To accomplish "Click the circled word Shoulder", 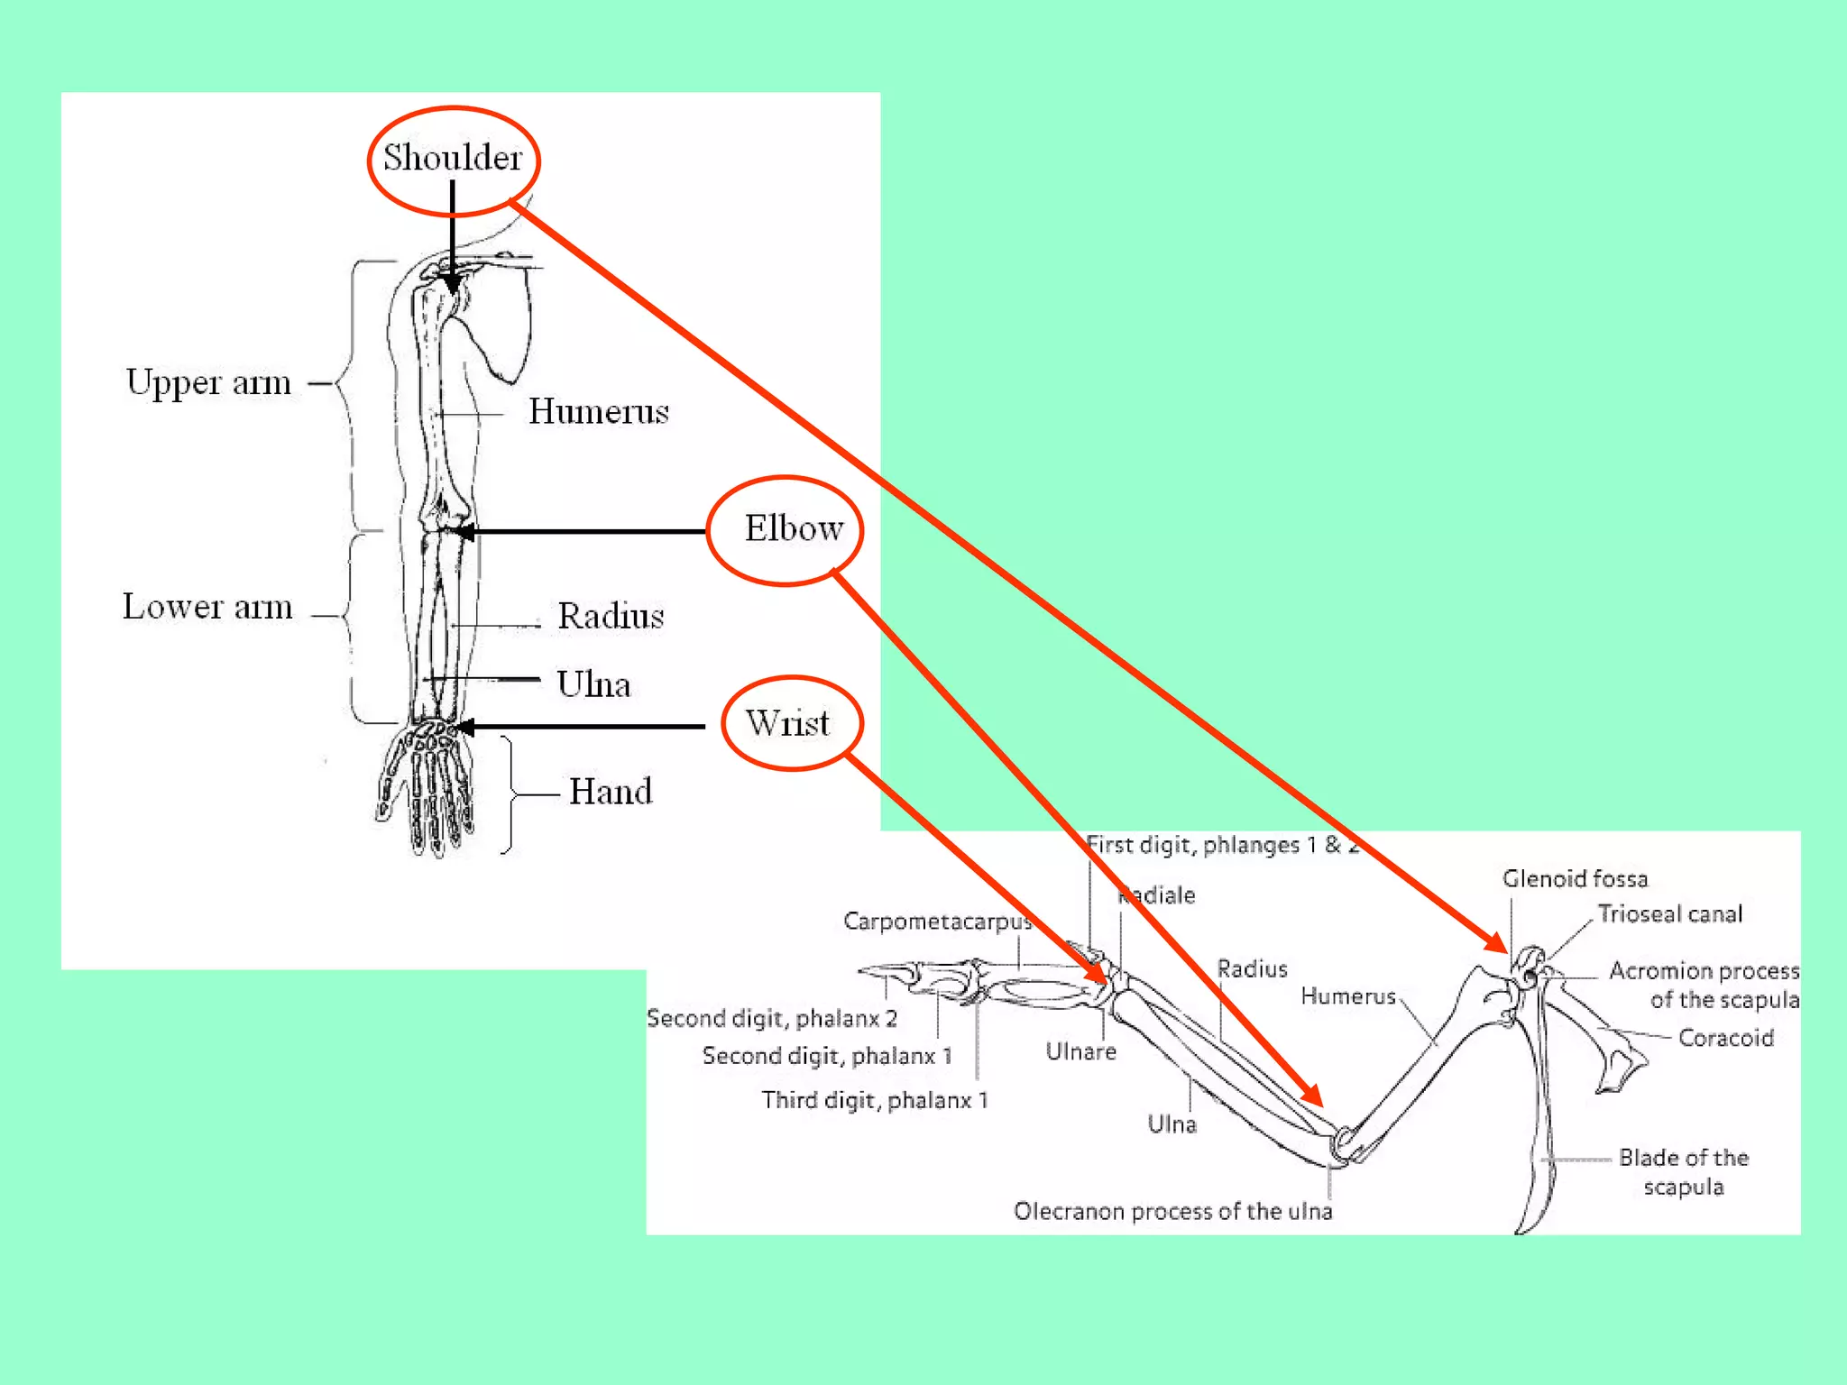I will (453, 158).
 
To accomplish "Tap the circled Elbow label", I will (793, 528).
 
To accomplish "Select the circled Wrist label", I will (787, 723).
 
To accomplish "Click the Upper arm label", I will (208, 382).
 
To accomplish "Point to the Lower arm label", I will (207, 607).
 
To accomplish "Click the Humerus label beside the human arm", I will (599, 412).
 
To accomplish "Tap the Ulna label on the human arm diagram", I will (593, 684).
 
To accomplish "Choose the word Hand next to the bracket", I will (611, 792).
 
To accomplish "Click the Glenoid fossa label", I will (1575, 878).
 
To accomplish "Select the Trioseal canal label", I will (1670, 914).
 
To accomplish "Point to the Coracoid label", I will (1725, 1038).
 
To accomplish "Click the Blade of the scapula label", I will (1684, 1171).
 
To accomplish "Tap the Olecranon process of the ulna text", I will (1172, 1211).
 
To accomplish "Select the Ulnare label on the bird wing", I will (1080, 1051).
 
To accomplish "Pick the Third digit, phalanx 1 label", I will (875, 1100).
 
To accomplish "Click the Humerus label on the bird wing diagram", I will (1348, 996).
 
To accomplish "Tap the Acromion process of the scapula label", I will (1704, 985).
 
